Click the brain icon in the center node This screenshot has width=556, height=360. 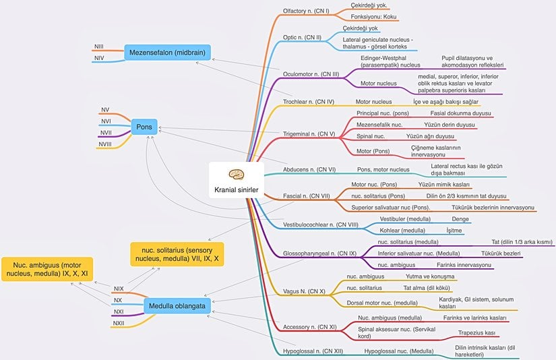pyautogui.click(x=236, y=173)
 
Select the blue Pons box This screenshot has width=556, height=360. pyautogui.click(x=144, y=126)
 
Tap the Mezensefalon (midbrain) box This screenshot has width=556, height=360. pyautogui.click(x=167, y=53)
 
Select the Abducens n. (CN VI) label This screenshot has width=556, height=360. pyautogui.click(x=310, y=169)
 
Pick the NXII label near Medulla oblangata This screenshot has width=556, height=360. pyautogui.click(x=119, y=323)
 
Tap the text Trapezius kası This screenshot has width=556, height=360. pyautogui.click(x=476, y=333)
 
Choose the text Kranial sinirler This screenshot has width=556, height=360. pyautogui.click(x=236, y=189)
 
